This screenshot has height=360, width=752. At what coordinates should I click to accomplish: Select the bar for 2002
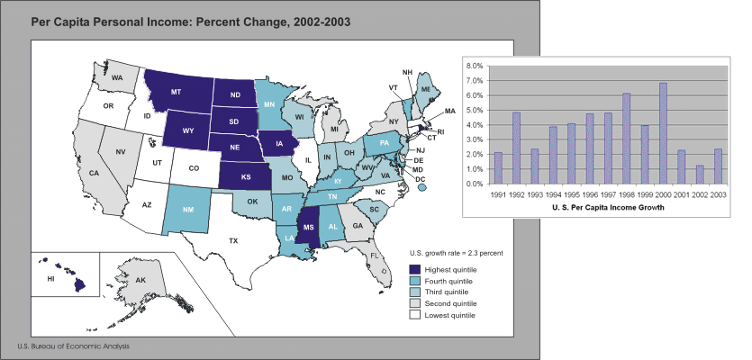point(700,175)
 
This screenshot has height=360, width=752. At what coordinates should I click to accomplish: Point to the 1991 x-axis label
point(499,193)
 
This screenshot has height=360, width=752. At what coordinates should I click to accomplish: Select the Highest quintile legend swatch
point(414,269)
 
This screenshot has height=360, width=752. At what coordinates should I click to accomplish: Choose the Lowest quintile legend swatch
point(414,315)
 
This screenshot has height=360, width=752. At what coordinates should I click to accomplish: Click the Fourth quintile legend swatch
point(414,281)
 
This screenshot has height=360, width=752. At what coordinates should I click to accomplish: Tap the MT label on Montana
point(177,92)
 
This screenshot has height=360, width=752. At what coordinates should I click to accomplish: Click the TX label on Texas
point(233,240)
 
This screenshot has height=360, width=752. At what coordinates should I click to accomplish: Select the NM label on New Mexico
point(188,211)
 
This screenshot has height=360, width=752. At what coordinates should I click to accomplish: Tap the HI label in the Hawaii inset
point(50,280)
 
